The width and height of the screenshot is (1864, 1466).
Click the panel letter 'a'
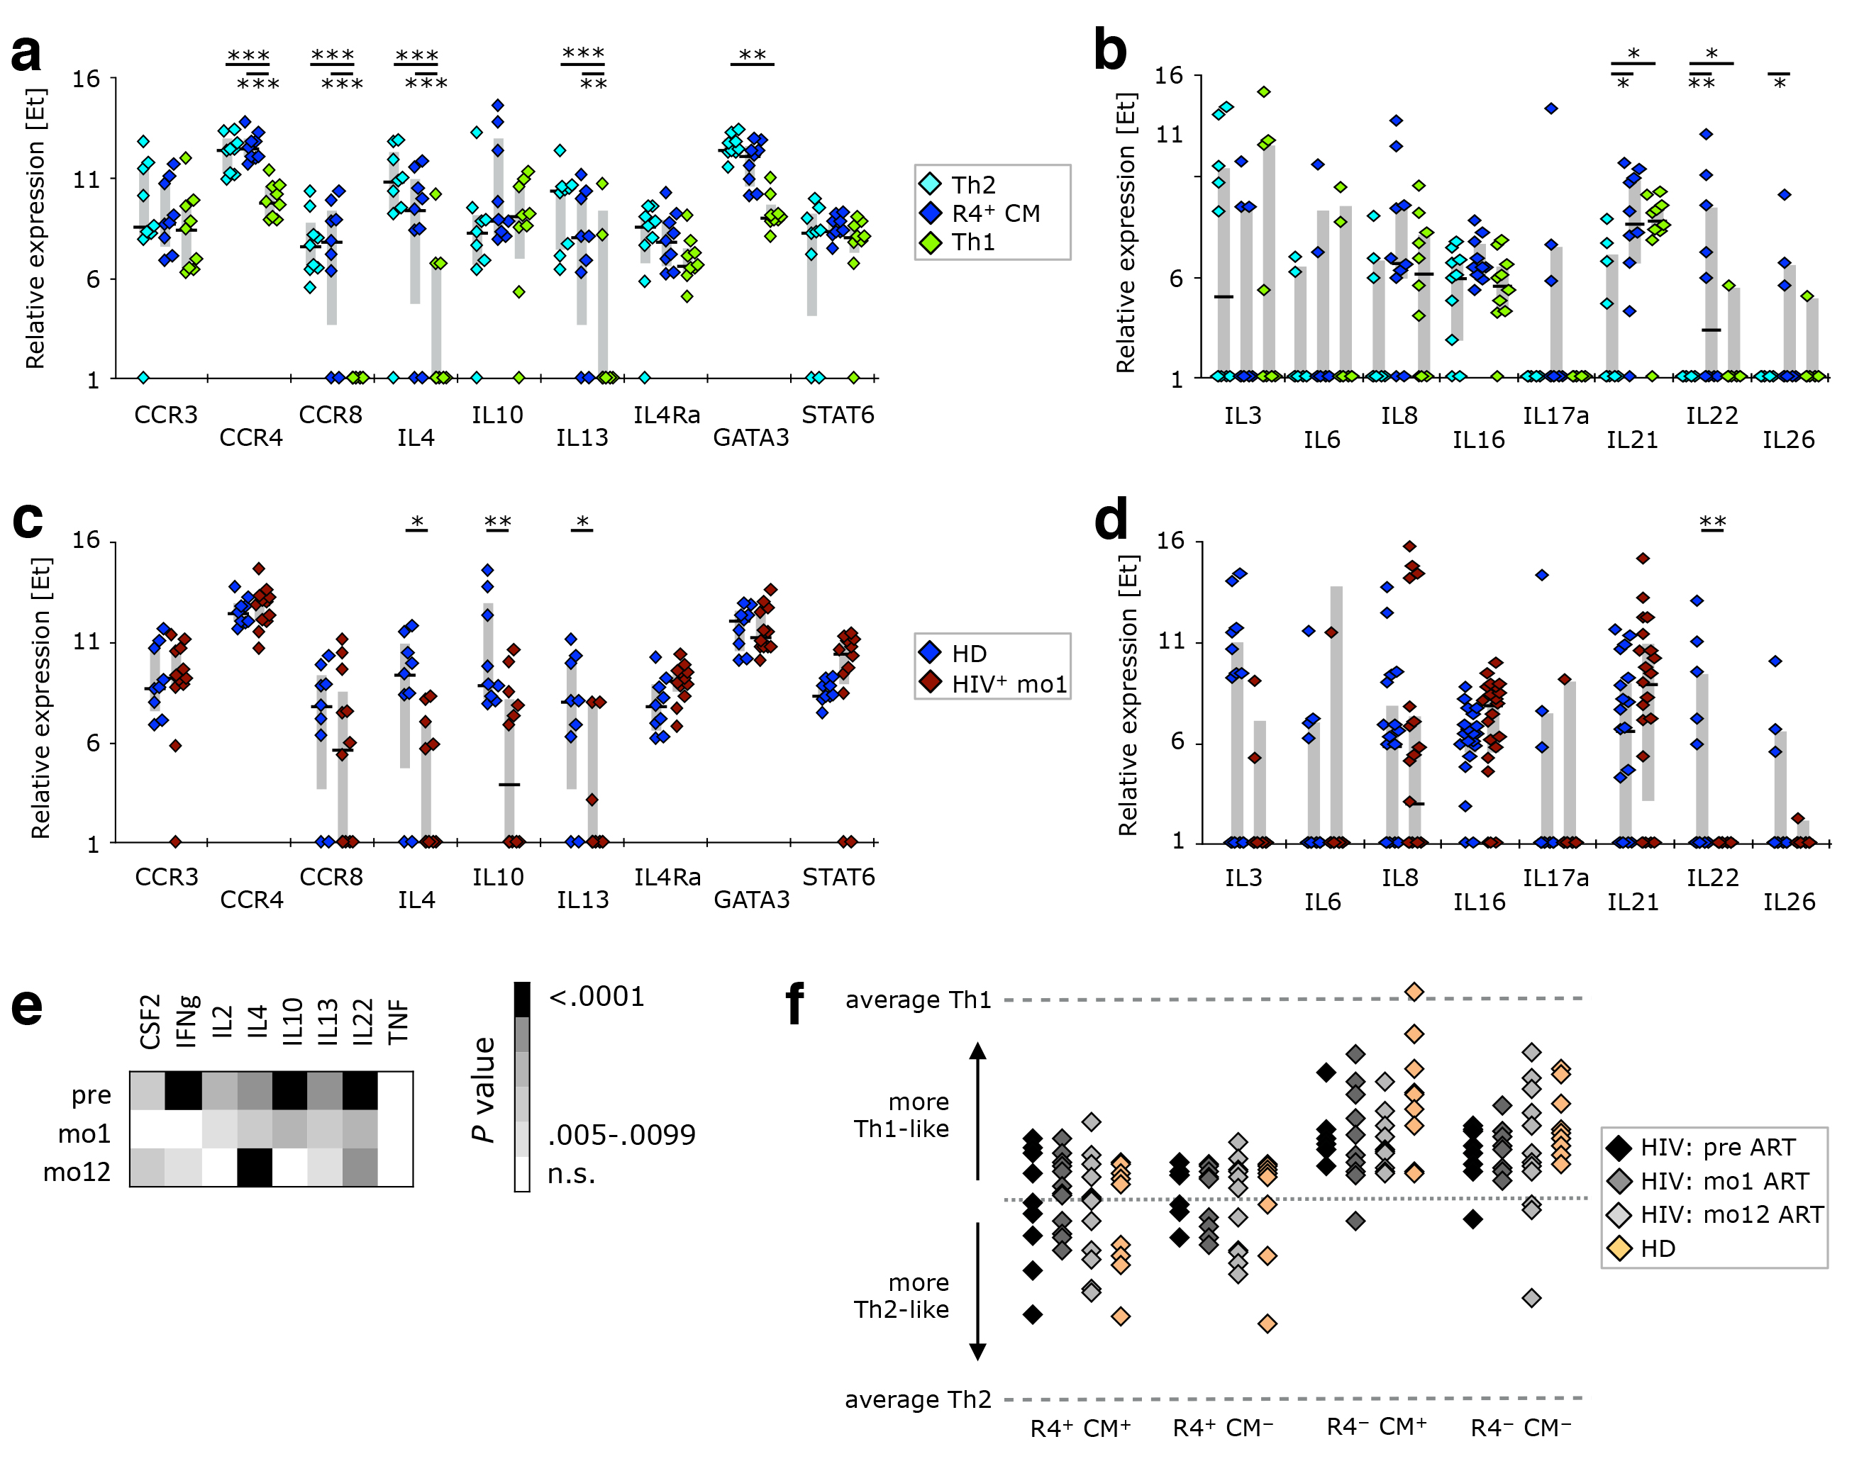tap(26, 53)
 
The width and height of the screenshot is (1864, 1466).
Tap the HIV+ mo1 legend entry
tap(1008, 684)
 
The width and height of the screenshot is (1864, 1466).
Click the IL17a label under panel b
tap(1555, 416)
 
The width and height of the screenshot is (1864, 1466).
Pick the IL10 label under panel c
tap(498, 876)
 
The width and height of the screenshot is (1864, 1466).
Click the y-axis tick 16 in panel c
tap(86, 540)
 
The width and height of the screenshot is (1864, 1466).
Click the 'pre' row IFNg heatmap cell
tap(183, 1091)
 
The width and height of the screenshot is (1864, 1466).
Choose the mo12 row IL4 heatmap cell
tap(255, 1168)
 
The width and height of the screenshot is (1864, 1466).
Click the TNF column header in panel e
tap(397, 1022)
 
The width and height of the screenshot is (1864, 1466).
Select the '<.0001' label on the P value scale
tap(597, 997)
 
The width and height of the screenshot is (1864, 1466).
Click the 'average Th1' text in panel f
tap(918, 1000)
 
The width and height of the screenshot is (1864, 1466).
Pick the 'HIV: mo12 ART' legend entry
tap(1731, 1214)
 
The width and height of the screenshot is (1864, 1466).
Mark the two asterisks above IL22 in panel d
tap(1712, 522)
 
